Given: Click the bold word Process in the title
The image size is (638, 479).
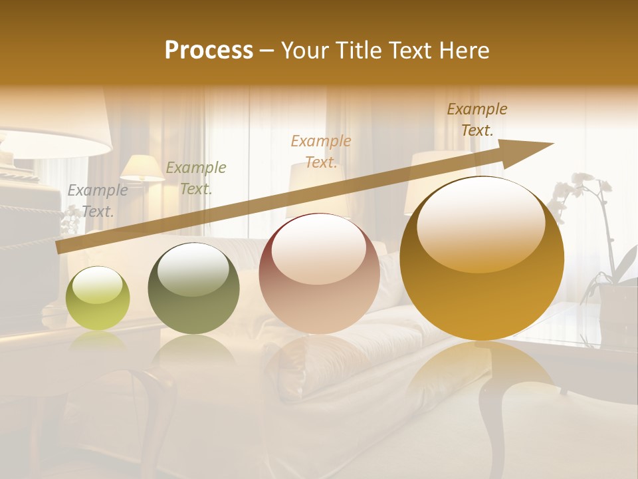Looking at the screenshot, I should pyautogui.click(x=209, y=51).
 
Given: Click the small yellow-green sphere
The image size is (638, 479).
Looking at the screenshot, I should pyautogui.click(x=98, y=298).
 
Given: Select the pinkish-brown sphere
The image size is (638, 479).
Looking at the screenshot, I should pyautogui.click(x=319, y=273).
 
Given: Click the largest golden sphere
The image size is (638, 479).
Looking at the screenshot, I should pyautogui.click(x=482, y=258).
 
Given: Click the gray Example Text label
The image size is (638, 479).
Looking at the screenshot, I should pyautogui.click(x=98, y=201).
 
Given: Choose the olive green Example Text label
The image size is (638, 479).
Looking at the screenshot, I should pyautogui.click(x=196, y=178).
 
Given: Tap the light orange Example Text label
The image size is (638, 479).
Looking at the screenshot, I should pyautogui.click(x=321, y=152).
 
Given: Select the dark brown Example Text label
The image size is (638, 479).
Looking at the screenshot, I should pyautogui.click(x=477, y=120).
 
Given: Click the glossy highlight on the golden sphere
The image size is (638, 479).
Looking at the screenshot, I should pyautogui.click(x=480, y=225).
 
